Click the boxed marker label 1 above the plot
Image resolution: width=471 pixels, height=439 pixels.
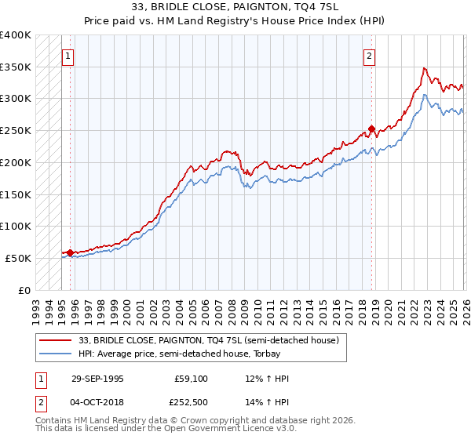pos(69,56)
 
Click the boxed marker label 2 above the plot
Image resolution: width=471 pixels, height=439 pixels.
pos(368,56)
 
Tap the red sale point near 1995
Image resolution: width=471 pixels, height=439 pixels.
pos(70,252)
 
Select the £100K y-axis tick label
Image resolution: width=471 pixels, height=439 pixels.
pos(16,226)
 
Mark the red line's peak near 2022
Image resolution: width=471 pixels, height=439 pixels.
pos(424,68)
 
